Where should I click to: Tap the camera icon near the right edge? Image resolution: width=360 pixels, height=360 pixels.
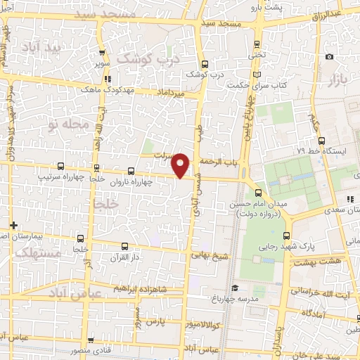329,57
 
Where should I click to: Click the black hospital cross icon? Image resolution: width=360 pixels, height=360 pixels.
13,225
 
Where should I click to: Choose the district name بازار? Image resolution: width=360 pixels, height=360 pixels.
337,79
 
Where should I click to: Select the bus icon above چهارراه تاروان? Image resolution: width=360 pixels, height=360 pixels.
131,170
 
